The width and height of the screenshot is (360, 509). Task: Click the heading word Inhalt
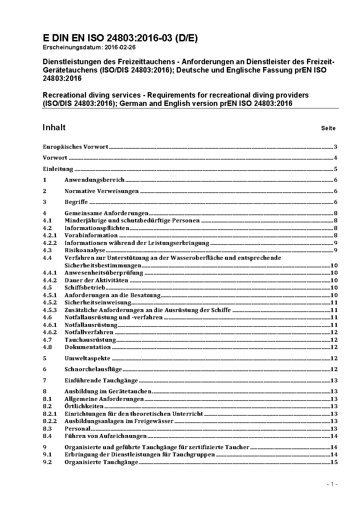point(54,127)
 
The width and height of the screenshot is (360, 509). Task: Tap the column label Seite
point(328,128)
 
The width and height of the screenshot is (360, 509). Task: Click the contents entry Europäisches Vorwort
point(75,147)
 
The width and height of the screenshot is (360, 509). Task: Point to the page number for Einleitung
point(336,169)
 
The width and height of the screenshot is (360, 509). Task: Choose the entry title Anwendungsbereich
point(94,180)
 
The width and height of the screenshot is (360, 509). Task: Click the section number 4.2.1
point(50,235)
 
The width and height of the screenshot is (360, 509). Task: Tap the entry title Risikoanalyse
point(85,250)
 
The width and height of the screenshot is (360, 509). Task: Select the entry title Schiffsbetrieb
point(85,288)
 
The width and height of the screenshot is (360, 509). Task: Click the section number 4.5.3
point(50,310)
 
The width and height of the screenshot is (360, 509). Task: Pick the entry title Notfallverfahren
point(89,332)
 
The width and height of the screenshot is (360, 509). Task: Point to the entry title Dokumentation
point(87,347)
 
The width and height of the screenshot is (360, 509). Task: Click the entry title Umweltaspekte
point(87,358)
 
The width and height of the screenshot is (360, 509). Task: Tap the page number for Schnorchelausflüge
point(334,369)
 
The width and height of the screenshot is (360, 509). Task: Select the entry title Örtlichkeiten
point(84,406)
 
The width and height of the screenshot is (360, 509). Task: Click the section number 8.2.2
point(50,421)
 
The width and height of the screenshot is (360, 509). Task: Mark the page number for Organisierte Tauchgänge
point(334,462)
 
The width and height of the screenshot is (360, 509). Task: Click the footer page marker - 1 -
point(332,484)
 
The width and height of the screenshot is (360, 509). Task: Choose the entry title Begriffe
point(76,202)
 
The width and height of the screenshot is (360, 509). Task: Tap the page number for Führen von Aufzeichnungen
point(334,436)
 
